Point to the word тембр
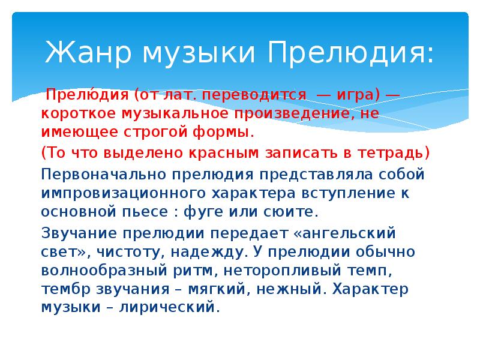tap(62, 289)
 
